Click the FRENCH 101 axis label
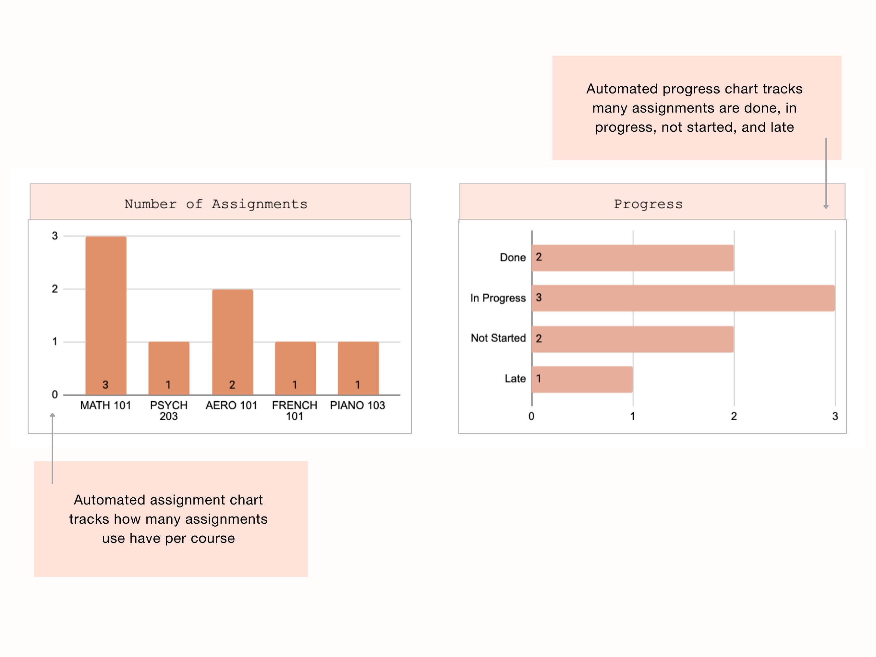click(294, 411)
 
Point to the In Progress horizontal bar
click(683, 298)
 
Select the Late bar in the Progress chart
click(582, 379)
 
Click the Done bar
click(632, 258)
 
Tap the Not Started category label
click(498, 338)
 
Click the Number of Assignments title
click(216, 204)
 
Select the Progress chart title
click(648, 204)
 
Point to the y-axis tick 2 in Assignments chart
click(55, 289)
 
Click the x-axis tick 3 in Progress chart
click(835, 416)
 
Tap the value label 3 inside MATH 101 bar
click(105, 384)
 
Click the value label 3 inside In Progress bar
click(539, 298)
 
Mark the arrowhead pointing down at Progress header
click(826, 206)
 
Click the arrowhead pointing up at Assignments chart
click(52, 415)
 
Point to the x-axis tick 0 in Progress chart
click(531, 416)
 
